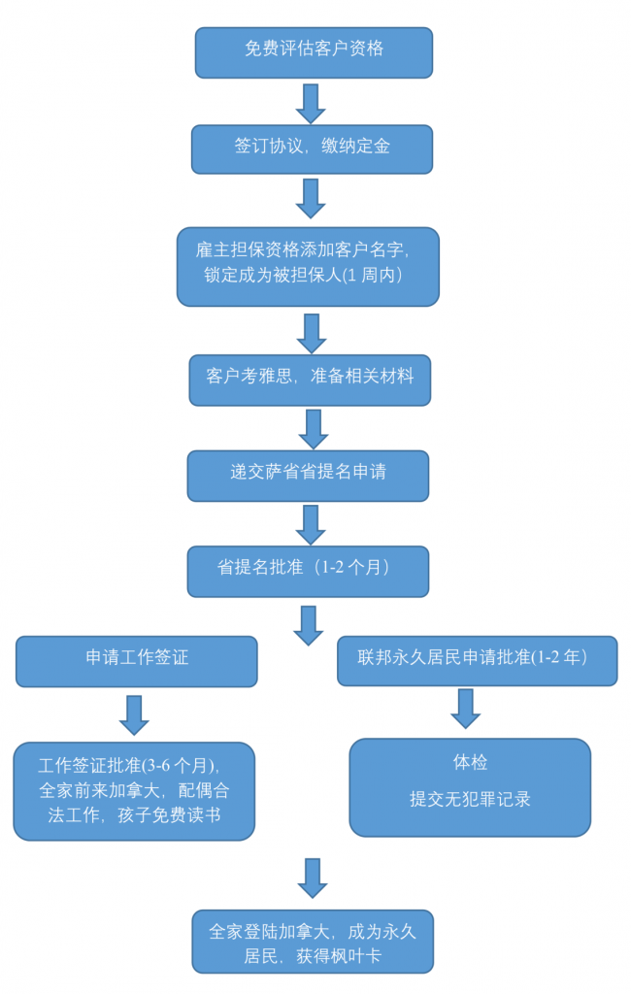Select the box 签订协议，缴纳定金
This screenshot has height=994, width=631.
(312, 148)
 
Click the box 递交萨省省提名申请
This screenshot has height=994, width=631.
(308, 475)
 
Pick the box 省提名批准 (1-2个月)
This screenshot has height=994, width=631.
(308, 570)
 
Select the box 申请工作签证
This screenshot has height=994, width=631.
(136, 660)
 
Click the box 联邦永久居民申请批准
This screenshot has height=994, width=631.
(476, 660)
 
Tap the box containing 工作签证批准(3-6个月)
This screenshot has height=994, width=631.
(134, 790)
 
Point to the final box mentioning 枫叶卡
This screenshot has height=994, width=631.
(312, 941)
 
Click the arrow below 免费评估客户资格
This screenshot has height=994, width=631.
(310, 102)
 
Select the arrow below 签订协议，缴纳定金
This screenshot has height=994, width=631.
(310, 198)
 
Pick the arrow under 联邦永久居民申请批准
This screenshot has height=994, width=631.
(466, 710)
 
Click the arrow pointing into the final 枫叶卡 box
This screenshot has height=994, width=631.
(312, 878)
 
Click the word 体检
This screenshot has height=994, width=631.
(470, 764)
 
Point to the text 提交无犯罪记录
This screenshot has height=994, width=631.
(470, 800)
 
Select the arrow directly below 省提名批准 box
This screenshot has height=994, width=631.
(309, 625)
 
